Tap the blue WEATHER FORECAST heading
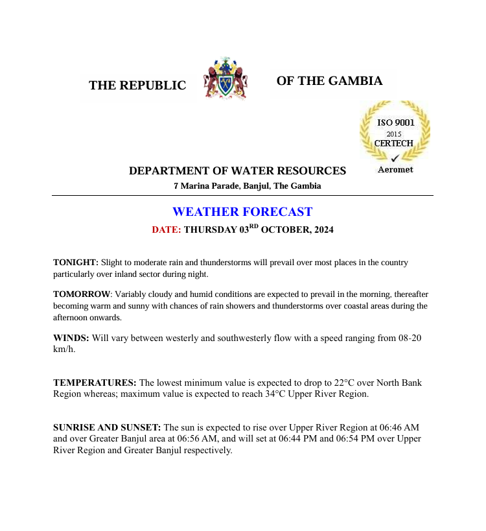pyautogui.click(x=242, y=212)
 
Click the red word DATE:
pyautogui.click(x=167, y=230)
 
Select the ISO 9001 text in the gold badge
pyautogui.click(x=396, y=122)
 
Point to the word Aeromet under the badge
pyautogui.click(x=395, y=170)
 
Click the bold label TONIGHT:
pyautogui.click(x=76, y=263)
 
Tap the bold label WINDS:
pyautogui.click(x=71, y=338)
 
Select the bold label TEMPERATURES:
pyautogui.click(x=95, y=383)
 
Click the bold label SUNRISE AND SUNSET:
pyautogui.click(x=107, y=428)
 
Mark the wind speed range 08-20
pyautogui.click(x=406, y=338)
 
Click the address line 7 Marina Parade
pyautogui.click(x=247, y=186)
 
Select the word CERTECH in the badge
pyautogui.click(x=394, y=143)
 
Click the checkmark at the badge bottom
pyautogui.click(x=395, y=158)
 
